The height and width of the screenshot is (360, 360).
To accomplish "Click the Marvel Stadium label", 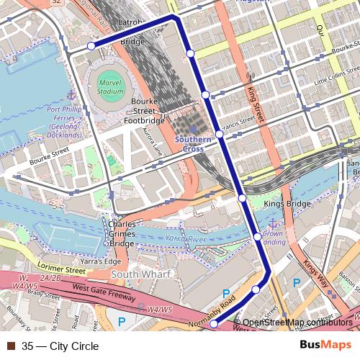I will [110, 88].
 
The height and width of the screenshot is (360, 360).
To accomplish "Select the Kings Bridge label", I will [287, 204].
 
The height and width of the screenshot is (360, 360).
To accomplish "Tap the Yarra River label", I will [186, 238].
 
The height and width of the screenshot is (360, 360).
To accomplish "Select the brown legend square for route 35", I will [10, 346].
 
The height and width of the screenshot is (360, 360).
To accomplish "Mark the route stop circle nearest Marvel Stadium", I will [91, 46].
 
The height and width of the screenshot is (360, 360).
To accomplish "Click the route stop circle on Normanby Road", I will [213, 324].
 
